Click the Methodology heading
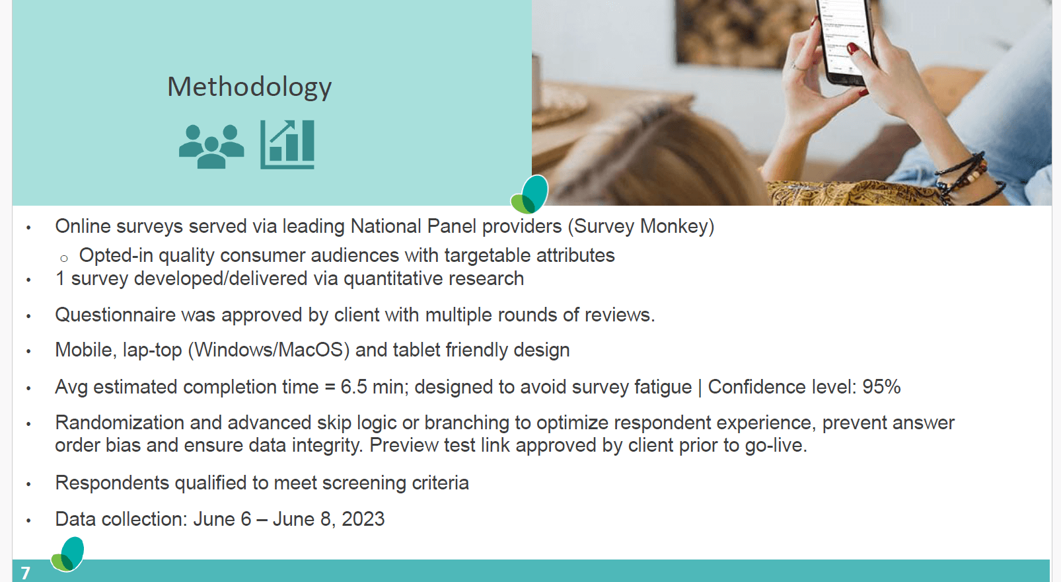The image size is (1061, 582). tap(250, 87)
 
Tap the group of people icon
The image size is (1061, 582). tap(211, 146)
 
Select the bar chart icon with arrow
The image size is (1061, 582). tap(287, 144)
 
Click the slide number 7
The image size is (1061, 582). tap(25, 573)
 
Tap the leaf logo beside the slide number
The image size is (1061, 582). tap(68, 554)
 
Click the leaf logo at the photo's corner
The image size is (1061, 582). tap(530, 194)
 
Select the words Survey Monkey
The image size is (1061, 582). tap(641, 226)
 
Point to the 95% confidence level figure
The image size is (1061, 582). tap(881, 387)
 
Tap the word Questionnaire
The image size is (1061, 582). tap(115, 315)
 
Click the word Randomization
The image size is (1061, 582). tap(120, 423)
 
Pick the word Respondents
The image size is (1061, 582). tap(112, 483)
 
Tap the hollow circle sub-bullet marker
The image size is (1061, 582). tap(64, 259)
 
